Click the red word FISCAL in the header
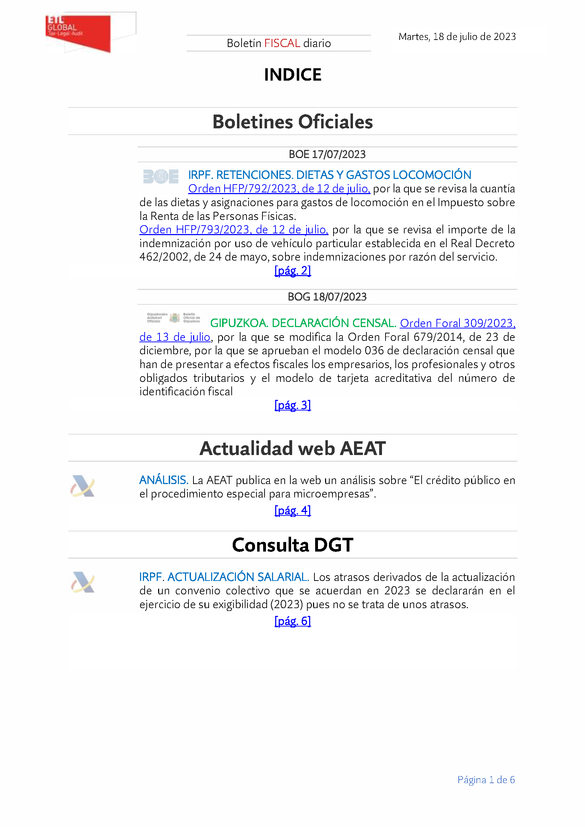coord(282,43)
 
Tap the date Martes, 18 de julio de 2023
coord(457,37)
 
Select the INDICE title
coord(292,75)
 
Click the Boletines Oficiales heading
coord(292,122)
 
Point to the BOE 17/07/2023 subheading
coord(327,155)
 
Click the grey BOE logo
coord(161,176)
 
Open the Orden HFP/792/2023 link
coord(279,188)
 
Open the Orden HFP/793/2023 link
coord(233,229)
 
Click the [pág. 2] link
coord(292,270)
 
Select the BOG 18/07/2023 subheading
coord(327,297)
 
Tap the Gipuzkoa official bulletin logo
coord(174,318)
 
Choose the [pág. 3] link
coord(292,405)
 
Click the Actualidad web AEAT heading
coord(292,448)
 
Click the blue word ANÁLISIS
coord(163,480)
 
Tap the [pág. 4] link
coord(292,511)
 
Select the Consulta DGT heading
coord(292,545)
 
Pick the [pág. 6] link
coord(292,621)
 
